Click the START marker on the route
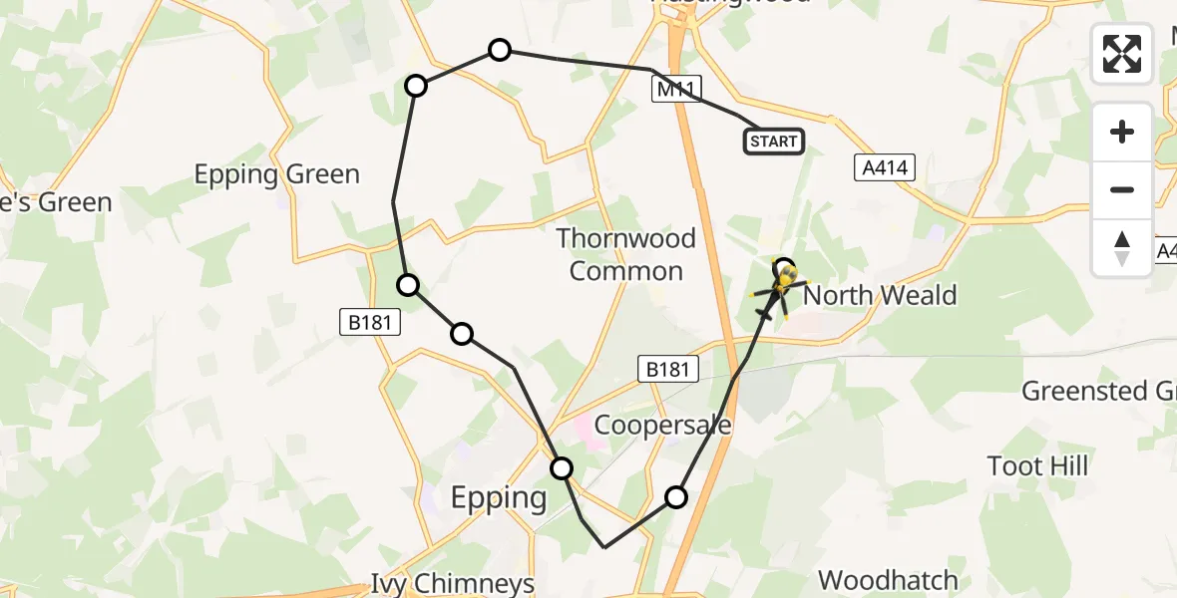coord(773,142)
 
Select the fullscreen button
coord(1122,54)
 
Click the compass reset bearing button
coord(1122,247)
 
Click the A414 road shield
coord(885,167)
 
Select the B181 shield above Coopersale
coord(666,369)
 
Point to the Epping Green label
coord(276,174)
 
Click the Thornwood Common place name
coord(625,254)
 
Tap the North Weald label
coord(879,295)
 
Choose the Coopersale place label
coord(662,426)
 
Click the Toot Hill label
coord(1037,465)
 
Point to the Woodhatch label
coord(888,580)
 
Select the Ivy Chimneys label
coord(467,583)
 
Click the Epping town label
coord(498,497)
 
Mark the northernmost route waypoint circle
coord(499,50)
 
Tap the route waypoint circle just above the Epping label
coord(562,467)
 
